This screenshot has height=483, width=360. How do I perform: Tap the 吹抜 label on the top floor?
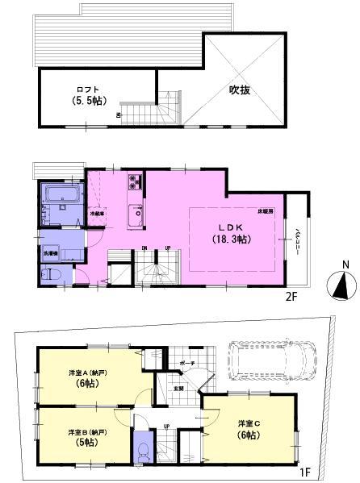[x=239, y=90]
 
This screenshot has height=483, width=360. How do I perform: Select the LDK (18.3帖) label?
[x=228, y=233]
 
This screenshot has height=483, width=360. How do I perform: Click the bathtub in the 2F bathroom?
[x=61, y=195]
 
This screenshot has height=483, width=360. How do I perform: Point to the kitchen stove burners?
[x=134, y=181]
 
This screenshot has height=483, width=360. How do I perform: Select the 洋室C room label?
[x=248, y=428]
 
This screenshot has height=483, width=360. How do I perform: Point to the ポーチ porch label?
[x=186, y=363]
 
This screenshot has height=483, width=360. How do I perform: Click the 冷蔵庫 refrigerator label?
[x=97, y=214]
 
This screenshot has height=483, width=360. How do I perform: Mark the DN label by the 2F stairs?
[x=144, y=248]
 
